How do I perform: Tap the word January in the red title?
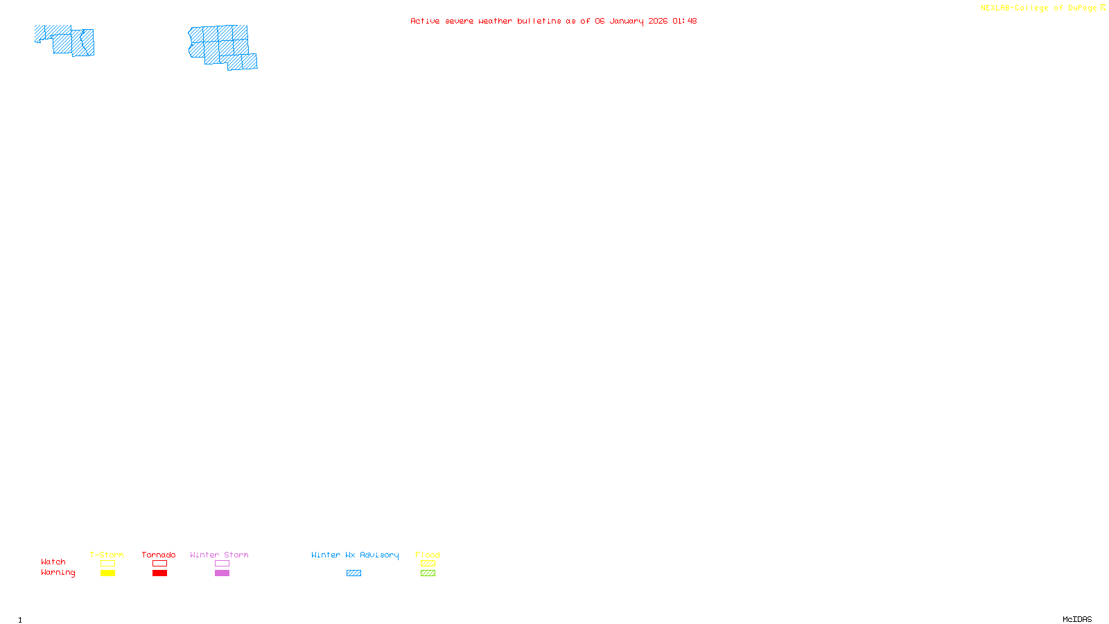[626, 21]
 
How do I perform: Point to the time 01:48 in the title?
[684, 21]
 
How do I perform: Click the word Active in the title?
[424, 21]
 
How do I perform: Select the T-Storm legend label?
[107, 555]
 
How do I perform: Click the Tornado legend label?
[159, 555]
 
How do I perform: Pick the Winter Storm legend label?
[219, 555]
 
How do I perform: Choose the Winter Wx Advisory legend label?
[355, 555]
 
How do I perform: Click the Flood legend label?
[428, 555]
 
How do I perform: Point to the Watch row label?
[53, 562]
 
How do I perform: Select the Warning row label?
[58, 573]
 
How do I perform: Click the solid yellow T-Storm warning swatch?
[107, 573]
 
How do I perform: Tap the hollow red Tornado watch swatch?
[159, 564]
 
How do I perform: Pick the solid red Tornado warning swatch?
[159, 573]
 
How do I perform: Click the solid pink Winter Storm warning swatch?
[222, 573]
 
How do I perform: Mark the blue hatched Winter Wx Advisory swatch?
[353, 573]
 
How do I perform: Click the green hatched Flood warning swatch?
[428, 573]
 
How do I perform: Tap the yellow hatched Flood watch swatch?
[428, 564]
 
